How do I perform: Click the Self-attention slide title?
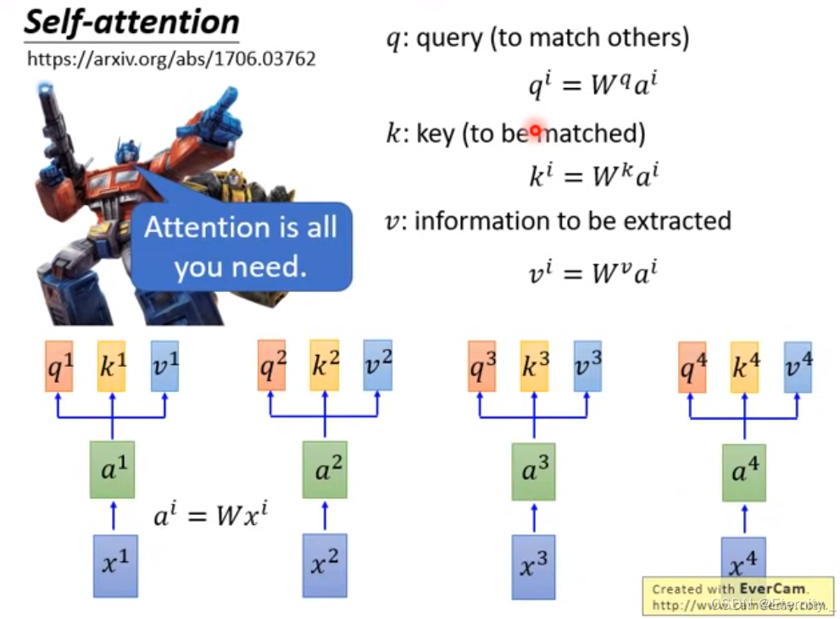pyautogui.click(x=131, y=21)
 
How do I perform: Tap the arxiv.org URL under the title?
pyautogui.click(x=171, y=60)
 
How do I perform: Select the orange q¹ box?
pyautogui.click(x=59, y=365)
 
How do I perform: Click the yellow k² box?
pyautogui.click(x=324, y=365)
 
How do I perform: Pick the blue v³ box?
pyautogui.click(x=587, y=366)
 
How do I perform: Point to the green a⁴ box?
pyautogui.click(x=744, y=472)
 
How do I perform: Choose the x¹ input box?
pyautogui.click(x=114, y=565)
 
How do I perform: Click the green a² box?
pyautogui.click(x=324, y=471)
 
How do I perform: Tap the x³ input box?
pyautogui.click(x=533, y=566)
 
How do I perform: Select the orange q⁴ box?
pyautogui.click(x=692, y=367)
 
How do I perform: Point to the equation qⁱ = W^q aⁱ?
pyautogui.click(x=592, y=85)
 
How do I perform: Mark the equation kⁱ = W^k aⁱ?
pyautogui.click(x=592, y=175)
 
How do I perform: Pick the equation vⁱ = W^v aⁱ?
pyautogui.click(x=592, y=271)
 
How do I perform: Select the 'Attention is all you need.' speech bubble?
pyautogui.click(x=241, y=246)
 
